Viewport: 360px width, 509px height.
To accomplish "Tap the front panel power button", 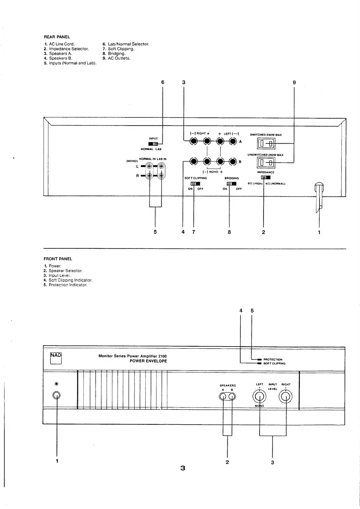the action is (56, 395).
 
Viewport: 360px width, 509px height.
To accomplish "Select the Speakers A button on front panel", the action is (223, 397).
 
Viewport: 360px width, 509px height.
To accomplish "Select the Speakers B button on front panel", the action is (232, 397).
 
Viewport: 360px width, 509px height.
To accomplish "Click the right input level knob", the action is (286, 397).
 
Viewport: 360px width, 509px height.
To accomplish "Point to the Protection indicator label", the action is (273, 360).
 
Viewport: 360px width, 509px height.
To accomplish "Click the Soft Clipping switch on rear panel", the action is (195, 184).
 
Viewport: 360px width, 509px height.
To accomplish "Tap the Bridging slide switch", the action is (231, 184).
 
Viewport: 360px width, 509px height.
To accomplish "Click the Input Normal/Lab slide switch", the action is (153, 144).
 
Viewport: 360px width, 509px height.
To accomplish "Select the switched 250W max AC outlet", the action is (266, 144).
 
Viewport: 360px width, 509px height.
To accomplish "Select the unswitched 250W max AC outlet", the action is (266, 163).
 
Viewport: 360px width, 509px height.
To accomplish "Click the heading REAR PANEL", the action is (57, 37).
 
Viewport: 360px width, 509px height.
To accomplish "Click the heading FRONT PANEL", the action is (58, 259).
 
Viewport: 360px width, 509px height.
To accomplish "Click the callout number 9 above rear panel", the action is (294, 82).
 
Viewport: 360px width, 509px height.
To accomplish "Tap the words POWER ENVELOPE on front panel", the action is (148, 361).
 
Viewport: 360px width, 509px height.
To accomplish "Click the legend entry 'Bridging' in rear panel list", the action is (116, 54).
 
